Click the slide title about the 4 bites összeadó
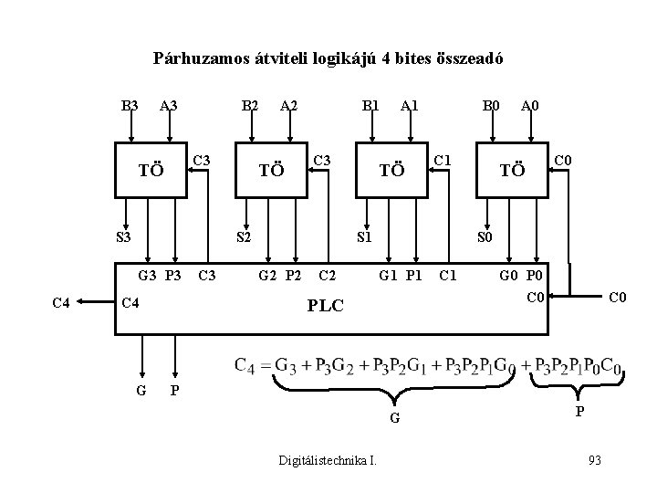(x=328, y=60)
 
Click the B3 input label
(x=130, y=106)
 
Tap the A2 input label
(x=290, y=106)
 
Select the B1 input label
(x=370, y=106)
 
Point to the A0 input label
(x=529, y=106)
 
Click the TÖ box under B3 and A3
(x=151, y=169)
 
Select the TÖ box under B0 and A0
(x=512, y=169)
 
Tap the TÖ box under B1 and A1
(x=391, y=169)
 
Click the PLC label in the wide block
(x=325, y=305)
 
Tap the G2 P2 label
(x=279, y=274)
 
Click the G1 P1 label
(x=401, y=274)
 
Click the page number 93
(x=594, y=458)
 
